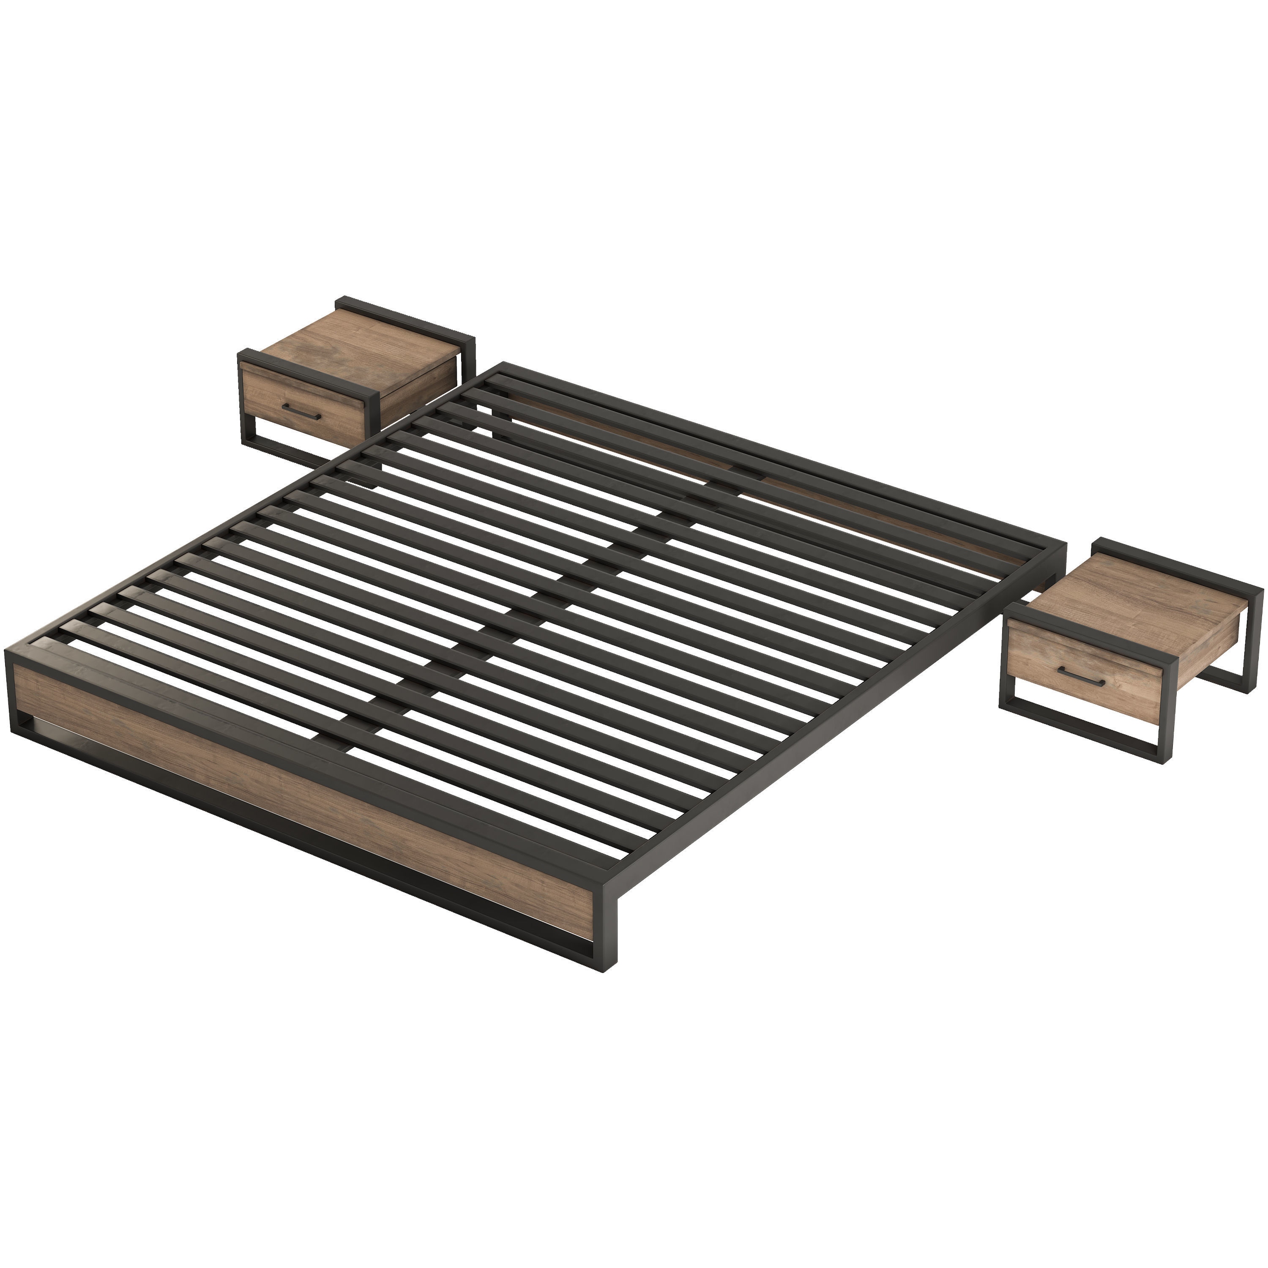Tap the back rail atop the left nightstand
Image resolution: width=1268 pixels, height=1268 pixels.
407,318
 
